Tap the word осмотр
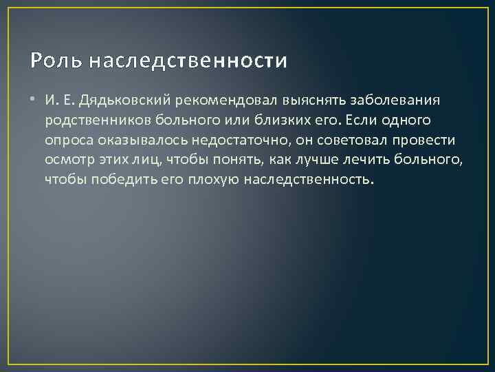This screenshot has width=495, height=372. (x=67, y=161)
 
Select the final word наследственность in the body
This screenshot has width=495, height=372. (x=309, y=180)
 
